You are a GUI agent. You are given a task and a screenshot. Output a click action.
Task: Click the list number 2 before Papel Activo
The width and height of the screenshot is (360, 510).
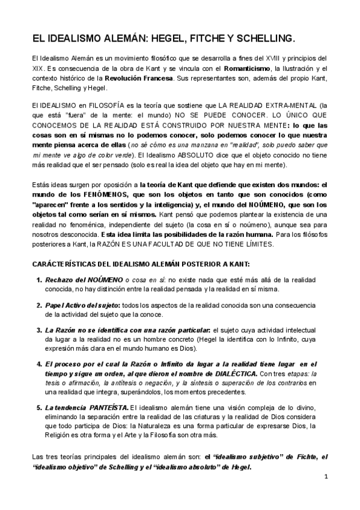coord(40,305)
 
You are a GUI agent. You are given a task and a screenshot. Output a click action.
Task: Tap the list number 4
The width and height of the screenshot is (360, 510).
coord(40,364)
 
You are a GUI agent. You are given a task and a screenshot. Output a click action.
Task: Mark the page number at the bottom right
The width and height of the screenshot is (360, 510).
coord(325,477)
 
